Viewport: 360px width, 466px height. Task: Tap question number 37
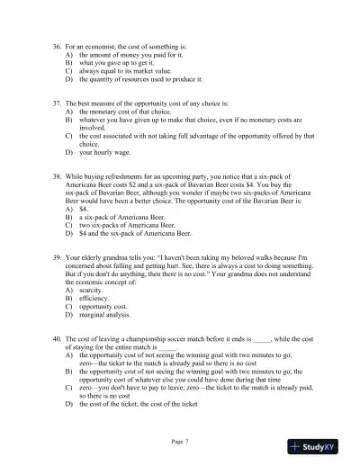coord(57,104)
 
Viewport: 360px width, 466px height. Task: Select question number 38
coord(57,179)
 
